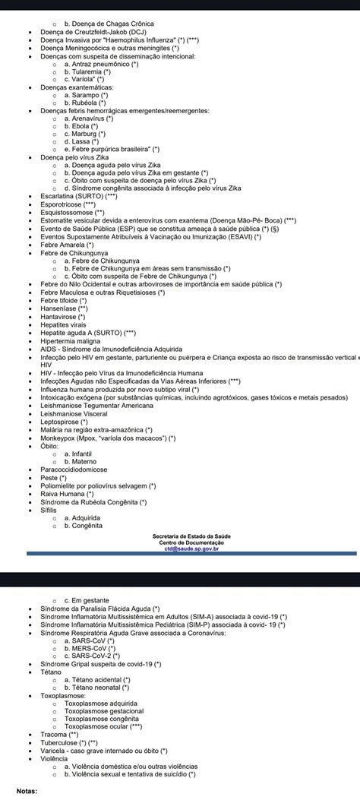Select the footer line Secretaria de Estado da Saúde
click(191, 536)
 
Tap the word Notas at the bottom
click(27, 790)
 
